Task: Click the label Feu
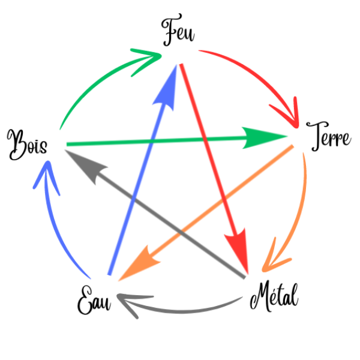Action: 179,34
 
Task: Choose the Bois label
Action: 26,143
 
